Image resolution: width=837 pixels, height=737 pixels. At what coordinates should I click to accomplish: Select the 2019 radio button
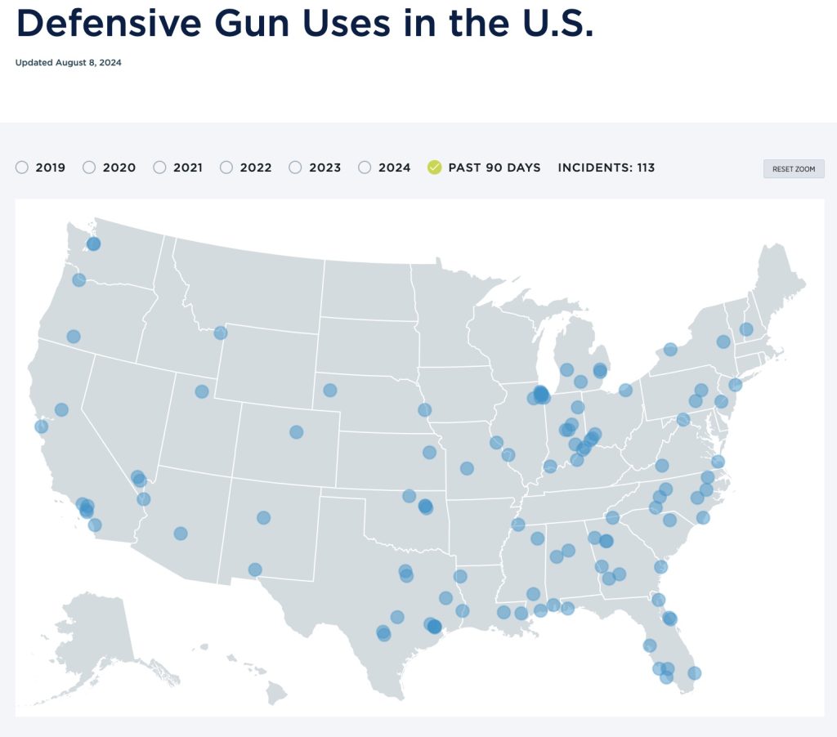22,167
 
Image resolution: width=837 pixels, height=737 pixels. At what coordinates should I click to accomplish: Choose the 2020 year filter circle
89,167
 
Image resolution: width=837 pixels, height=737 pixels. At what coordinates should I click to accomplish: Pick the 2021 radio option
159,167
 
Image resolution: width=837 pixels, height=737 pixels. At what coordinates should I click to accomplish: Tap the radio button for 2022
226,167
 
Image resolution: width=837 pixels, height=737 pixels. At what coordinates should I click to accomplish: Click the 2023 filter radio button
295,167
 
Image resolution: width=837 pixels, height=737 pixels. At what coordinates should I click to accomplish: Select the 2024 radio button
365,167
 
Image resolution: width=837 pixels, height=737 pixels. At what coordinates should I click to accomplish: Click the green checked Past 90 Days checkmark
435,167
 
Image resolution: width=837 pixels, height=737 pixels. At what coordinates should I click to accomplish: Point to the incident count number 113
646,167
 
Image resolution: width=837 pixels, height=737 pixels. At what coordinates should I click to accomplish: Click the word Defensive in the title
105,25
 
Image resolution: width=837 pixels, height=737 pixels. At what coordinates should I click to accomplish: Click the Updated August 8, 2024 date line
69,63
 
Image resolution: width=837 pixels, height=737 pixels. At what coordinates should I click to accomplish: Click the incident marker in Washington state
93,243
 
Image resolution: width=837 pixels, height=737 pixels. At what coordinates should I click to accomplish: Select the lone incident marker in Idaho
221,333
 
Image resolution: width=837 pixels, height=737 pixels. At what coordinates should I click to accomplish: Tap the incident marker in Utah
202,391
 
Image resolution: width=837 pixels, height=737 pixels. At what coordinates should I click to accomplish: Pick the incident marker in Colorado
297,431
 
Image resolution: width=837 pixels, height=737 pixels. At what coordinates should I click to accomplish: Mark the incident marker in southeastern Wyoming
330,390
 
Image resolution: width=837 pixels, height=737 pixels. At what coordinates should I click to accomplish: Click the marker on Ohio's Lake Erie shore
625,390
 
